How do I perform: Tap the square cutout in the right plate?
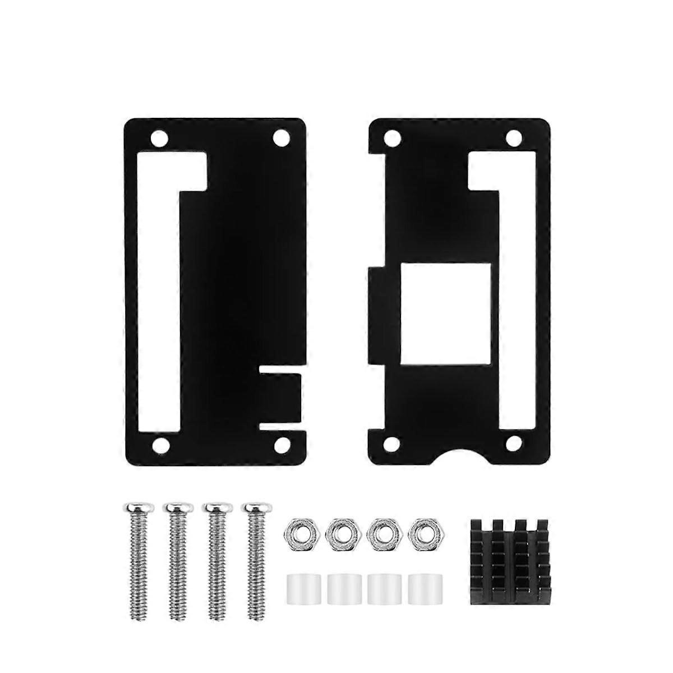coord(447,314)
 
